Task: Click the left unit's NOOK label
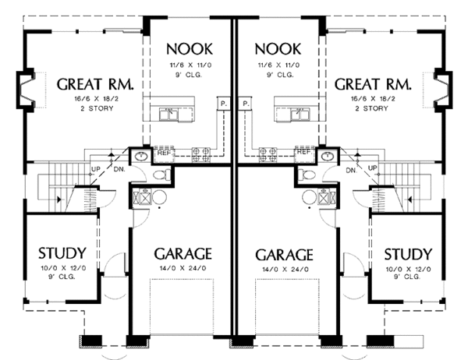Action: pos(190,49)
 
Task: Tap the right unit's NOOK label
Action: pos(278,49)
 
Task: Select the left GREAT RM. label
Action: pos(95,84)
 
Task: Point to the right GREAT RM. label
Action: pos(373,84)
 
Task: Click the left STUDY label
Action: pos(62,253)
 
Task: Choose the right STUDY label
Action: pos(408,255)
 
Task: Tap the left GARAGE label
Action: pos(183,254)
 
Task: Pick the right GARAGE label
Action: pos(284,255)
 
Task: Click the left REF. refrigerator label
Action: pos(164,153)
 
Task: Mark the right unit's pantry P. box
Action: pos(245,104)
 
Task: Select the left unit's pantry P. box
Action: pos(224,104)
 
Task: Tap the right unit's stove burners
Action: pos(268,154)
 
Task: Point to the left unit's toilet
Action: pos(161,175)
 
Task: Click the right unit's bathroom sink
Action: pos(328,156)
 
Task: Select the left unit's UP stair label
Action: pos(95,169)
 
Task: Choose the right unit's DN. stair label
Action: pos(352,171)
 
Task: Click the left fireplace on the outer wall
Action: pos(26,90)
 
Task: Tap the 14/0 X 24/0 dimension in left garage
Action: pos(183,268)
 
